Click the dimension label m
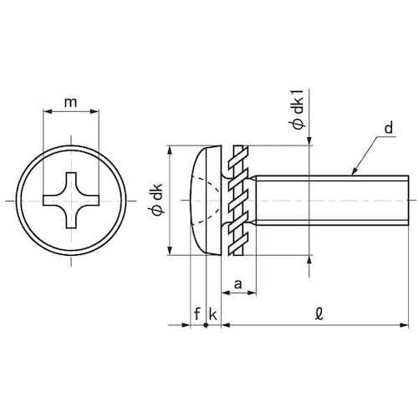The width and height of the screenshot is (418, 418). [70, 103]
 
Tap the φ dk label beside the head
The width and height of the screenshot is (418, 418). [157, 199]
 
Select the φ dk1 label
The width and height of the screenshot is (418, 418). [298, 110]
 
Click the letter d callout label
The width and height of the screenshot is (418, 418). [389, 128]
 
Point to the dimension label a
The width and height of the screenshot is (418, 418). [237, 284]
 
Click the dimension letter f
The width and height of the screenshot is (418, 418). [197, 313]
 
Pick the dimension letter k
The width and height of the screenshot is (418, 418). [212, 314]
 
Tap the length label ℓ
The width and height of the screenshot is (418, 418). [319, 313]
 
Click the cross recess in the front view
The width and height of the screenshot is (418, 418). [71, 201]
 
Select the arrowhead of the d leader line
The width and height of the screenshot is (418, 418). [354, 171]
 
